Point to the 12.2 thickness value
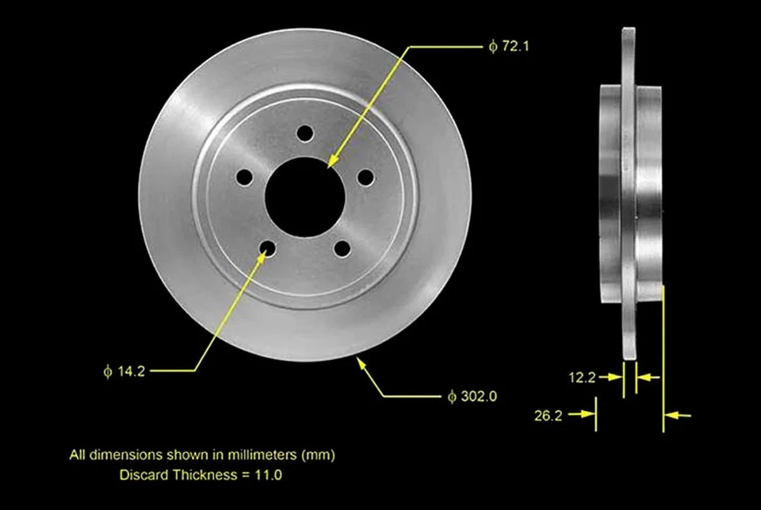click(x=582, y=378)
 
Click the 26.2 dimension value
click(x=549, y=414)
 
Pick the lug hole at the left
click(x=243, y=176)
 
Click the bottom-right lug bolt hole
click(x=342, y=248)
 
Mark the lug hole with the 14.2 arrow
click(x=267, y=249)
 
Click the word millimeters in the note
click(x=258, y=455)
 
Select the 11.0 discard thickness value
click(x=270, y=475)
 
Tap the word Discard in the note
click(x=141, y=475)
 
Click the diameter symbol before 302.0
click(x=451, y=395)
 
